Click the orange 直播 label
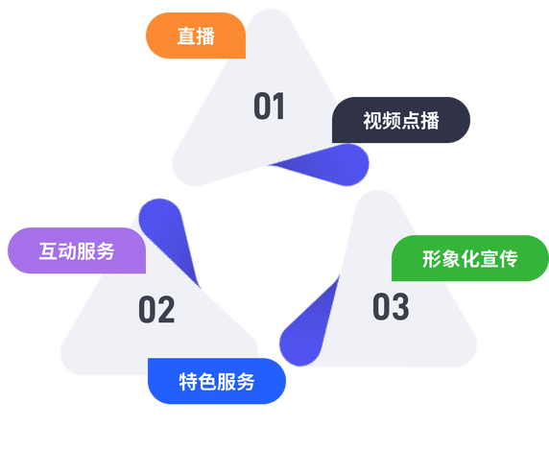point(196,36)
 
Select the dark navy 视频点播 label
point(401,120)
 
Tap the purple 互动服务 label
point(77,250)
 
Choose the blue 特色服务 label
point(217,381)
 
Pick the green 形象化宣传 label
point(470,258)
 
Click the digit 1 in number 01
point(278,107)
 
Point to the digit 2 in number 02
point(166,309)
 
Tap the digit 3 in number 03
point(400,306)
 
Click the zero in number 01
point(262,107)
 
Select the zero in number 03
point(381,306)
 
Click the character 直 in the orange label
point(186,36)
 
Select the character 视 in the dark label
point(372,121)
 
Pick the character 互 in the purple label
point(48,251)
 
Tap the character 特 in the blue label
point(188,382)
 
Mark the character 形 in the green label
point(432,259)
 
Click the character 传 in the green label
point(509,259)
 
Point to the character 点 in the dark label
point(411,121)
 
